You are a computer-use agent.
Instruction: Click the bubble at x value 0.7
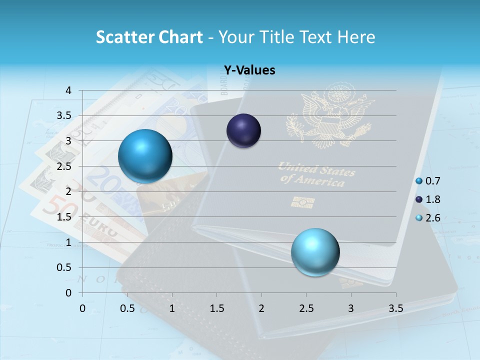click(x=145, y=156)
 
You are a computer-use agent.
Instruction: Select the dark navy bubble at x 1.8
click(x=244, y=131)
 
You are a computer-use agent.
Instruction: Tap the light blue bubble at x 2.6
click(x=315, y=251)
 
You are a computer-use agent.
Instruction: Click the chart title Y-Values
click(x=249, y=70)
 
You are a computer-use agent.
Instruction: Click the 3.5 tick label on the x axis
click(x=395, y=308)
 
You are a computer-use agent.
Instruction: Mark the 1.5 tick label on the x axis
click(x=216, y=308)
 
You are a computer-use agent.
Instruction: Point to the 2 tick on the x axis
click(x=261, y=308)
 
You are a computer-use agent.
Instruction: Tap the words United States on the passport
click(x=316, y=169)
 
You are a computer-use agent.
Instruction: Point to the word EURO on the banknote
click(x=100, y=225)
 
